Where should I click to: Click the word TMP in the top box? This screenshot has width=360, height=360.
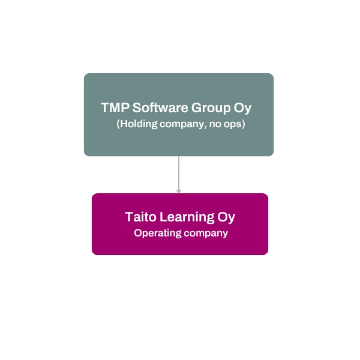pos(115,108)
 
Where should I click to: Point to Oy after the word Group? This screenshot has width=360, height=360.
pos(242,109)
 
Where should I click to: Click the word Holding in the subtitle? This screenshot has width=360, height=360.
pos(137,125)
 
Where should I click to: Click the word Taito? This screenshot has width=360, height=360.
pos(140,217)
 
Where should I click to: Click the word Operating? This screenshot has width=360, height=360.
pos(157,233)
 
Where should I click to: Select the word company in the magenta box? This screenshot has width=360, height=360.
pos(206,233)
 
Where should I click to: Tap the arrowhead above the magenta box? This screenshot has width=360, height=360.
pos(179,190)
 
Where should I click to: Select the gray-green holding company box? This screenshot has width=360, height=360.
pos(179,144)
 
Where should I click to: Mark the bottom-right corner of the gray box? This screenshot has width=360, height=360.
pos(272,155)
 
